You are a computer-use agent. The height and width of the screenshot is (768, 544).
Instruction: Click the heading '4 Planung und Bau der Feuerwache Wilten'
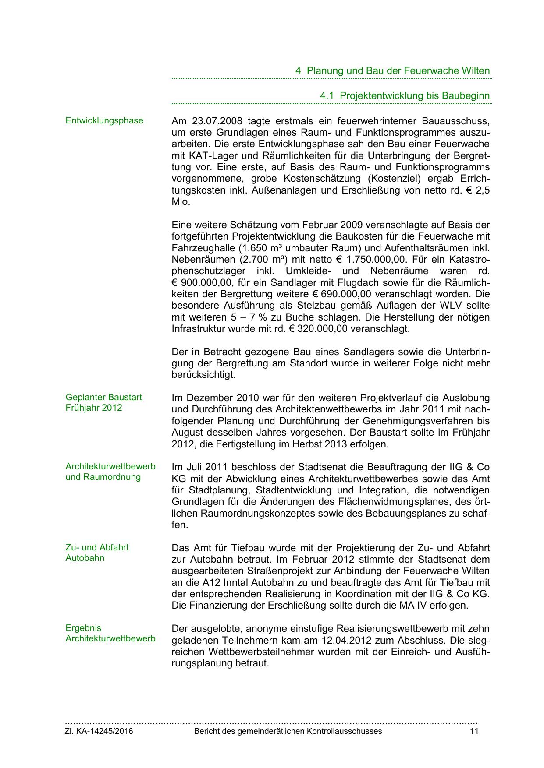392,71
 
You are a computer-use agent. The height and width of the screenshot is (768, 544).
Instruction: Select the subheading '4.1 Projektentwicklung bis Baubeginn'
405,96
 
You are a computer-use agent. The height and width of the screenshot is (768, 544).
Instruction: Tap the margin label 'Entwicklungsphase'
104,121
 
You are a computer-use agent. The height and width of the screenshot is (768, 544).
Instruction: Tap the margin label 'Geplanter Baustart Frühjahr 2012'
104,403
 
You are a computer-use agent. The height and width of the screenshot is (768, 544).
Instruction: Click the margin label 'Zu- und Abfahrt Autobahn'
97,553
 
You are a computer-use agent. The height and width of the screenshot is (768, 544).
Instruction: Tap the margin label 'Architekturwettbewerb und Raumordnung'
110,472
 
